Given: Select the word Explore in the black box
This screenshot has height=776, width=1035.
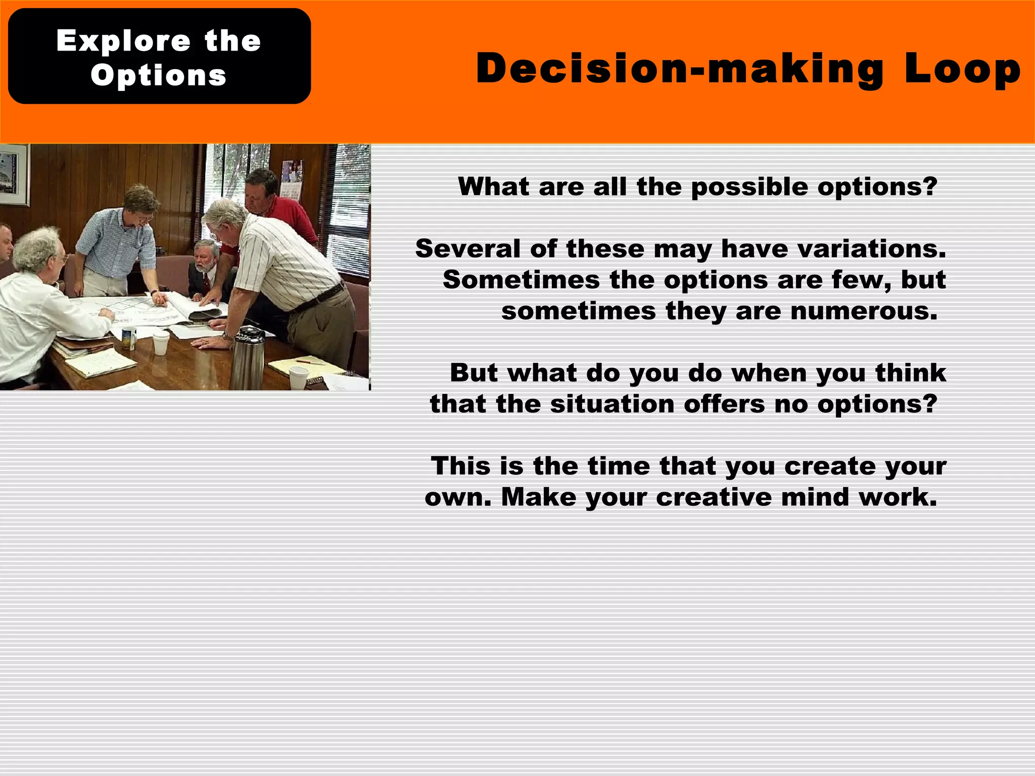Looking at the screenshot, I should [123, 40].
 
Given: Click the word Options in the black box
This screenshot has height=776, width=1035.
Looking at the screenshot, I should [158, 75].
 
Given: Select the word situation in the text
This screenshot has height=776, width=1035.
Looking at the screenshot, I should [612, 404].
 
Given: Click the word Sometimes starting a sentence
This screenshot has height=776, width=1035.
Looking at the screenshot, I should [522, 280].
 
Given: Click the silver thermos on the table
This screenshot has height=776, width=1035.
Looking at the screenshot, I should [247, 358].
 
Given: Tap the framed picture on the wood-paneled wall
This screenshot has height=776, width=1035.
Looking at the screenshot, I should [14, 175].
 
